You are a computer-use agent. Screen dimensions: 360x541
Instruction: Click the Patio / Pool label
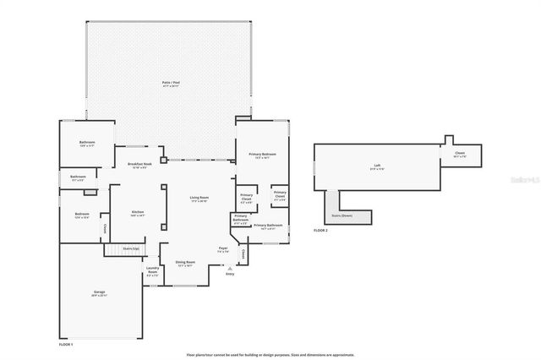pos(171,82)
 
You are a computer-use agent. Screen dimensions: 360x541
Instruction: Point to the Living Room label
pos(199,198)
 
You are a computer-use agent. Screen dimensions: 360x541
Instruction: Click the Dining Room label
pos(185,263)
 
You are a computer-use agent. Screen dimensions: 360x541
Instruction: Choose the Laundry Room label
pos(152,270)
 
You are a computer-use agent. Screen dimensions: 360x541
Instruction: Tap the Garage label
pos(99,292)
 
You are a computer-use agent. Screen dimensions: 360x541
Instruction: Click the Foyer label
pos(223,248)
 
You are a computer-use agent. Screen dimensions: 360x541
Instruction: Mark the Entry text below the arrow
pos(229,275)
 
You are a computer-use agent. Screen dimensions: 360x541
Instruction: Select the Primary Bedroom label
pos(262,155)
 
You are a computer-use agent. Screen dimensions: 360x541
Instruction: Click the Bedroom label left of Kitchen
pos(82,214)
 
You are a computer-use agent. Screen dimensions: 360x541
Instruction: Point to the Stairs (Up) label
pos(131,248)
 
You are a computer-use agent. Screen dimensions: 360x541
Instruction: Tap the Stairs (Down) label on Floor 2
pos(342,215)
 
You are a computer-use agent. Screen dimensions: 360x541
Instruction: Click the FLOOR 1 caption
pos(66,345)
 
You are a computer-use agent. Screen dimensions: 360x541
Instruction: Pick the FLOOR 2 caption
pos(320,230)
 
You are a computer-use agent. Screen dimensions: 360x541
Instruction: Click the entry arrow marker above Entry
pos(229,267)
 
